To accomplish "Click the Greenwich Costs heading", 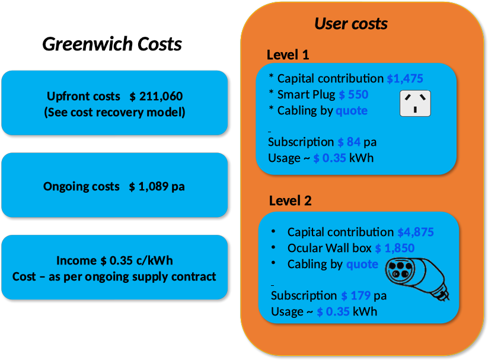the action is pos(112,44).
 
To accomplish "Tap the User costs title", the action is pos(351,24).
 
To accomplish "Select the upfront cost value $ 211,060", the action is pos(156,96).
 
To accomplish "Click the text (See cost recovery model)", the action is pos(114,112).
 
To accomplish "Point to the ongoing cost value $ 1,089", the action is pos(149,186).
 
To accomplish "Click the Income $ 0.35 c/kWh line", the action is pos(114,260).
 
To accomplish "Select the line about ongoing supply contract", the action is pos(114,276).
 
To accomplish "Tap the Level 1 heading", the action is pos(288,55).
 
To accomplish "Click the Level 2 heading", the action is pos(290,201).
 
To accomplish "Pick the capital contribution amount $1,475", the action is pos(405,78).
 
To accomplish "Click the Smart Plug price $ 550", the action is pos(353,94).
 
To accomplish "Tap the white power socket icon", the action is pos(415,103).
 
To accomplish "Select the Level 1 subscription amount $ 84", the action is pos(349,142).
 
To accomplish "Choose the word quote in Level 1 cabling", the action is pos(352,110).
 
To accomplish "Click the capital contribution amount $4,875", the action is pos(416,232).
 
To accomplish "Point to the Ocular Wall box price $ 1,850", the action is pos(395,248).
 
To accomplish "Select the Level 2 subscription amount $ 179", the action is pos(356,295).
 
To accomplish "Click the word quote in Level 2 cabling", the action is pos(362,264).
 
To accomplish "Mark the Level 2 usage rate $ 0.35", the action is pos(333,312).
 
